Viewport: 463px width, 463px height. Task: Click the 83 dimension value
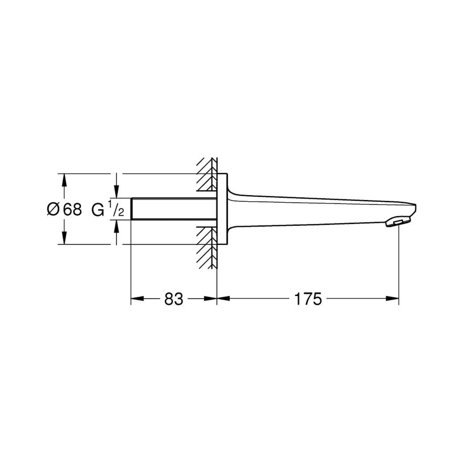pos(173,299)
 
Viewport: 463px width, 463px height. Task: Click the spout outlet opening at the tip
pos(397,223)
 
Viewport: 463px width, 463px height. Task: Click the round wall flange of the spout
pos(222,209)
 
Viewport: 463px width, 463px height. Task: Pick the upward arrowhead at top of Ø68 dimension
pos(64,179)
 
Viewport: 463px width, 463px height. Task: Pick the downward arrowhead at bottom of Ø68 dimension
pos(64,239)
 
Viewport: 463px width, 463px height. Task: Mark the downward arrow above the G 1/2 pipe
pos(117,192)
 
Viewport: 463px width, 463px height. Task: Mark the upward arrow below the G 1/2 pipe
pos(117,226)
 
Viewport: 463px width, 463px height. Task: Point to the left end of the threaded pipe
pos(132,209)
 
